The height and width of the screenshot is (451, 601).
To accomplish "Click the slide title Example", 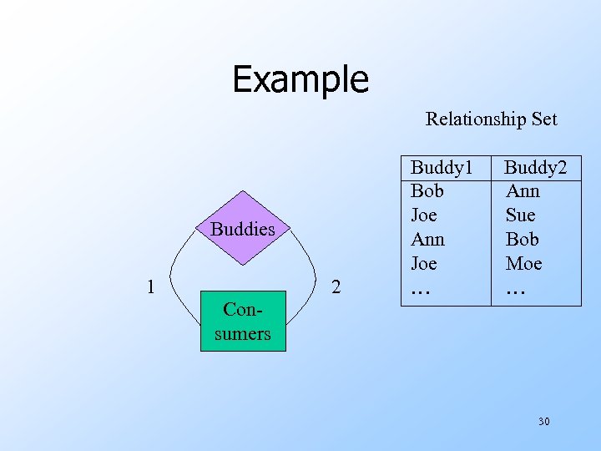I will click(x=300, y=79).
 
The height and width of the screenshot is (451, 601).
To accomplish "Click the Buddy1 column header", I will click(x=442, y=167).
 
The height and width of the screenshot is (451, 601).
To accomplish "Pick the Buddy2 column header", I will click(x=535, y=167).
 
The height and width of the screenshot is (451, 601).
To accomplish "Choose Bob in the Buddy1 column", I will click(x=427, y=191).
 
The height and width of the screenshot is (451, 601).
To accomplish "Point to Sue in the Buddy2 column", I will click(x=520, y=215).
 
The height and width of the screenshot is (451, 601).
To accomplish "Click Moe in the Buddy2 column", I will click(x=523, y=264).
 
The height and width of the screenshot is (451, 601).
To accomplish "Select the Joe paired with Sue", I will click(x=424, y=215).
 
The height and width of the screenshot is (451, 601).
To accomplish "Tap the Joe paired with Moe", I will click(x=424, y=264).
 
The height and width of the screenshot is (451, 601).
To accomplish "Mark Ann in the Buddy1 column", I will click(x=428, y=240).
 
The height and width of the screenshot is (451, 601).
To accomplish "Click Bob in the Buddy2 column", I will click(x=523, y=240).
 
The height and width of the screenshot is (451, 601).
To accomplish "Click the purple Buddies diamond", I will click(x=243, y=229).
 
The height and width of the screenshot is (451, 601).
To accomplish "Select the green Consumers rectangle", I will click(x=243, y=321).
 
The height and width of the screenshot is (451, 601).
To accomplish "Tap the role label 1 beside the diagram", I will click(x=149, y=286).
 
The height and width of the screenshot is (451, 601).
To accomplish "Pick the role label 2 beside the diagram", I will click(x=336, y=286).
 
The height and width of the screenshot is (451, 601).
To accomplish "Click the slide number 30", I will click(x=543, y=421).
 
